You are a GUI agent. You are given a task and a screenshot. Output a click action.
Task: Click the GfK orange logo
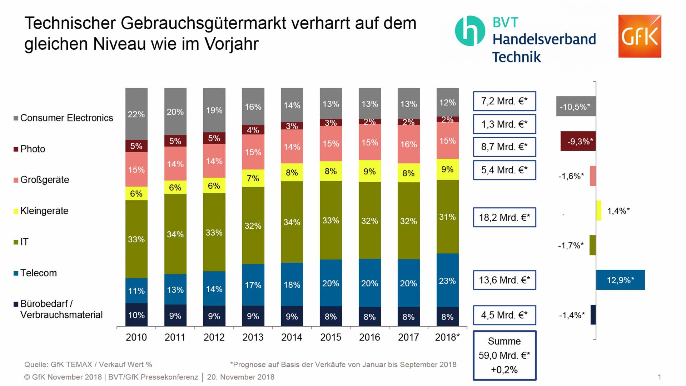coord(640,36)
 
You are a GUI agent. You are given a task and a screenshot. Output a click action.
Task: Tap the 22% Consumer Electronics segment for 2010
coord(136,114)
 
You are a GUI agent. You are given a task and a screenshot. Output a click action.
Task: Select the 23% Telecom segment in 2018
coord(447,281)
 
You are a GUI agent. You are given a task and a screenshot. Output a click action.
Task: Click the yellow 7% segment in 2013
coord(253,178)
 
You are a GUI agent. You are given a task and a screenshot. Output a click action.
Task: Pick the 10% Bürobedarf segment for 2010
coord(136,315)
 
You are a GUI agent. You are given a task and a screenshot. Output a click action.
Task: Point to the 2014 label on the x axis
coord(292,337)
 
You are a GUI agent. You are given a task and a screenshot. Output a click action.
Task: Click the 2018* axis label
coord(447,337)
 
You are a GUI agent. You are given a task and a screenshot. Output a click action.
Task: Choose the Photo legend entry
coord(33,149)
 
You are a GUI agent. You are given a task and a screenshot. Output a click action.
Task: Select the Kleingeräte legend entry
coord(44,211)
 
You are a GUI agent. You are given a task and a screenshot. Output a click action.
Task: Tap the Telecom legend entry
coord(38,273)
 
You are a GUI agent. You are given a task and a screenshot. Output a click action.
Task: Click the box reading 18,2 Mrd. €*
coord(504,217)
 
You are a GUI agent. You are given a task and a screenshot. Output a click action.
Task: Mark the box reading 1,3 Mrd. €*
coord(504,124)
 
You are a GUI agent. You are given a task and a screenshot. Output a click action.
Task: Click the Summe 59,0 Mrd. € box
coord(504,355)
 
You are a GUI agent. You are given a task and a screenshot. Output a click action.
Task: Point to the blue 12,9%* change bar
coord(620,280)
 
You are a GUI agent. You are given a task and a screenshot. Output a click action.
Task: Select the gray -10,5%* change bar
coord(576,107)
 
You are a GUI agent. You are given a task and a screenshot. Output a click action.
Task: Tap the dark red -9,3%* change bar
coord(578,141)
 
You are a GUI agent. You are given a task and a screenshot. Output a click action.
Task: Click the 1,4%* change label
coord(618,211)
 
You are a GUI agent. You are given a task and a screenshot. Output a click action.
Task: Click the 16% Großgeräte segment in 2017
coord(408,144)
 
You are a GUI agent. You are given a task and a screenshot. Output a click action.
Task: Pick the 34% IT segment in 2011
coord(175,234)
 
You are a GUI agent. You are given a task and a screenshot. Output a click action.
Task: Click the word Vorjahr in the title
coord(232,44)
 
